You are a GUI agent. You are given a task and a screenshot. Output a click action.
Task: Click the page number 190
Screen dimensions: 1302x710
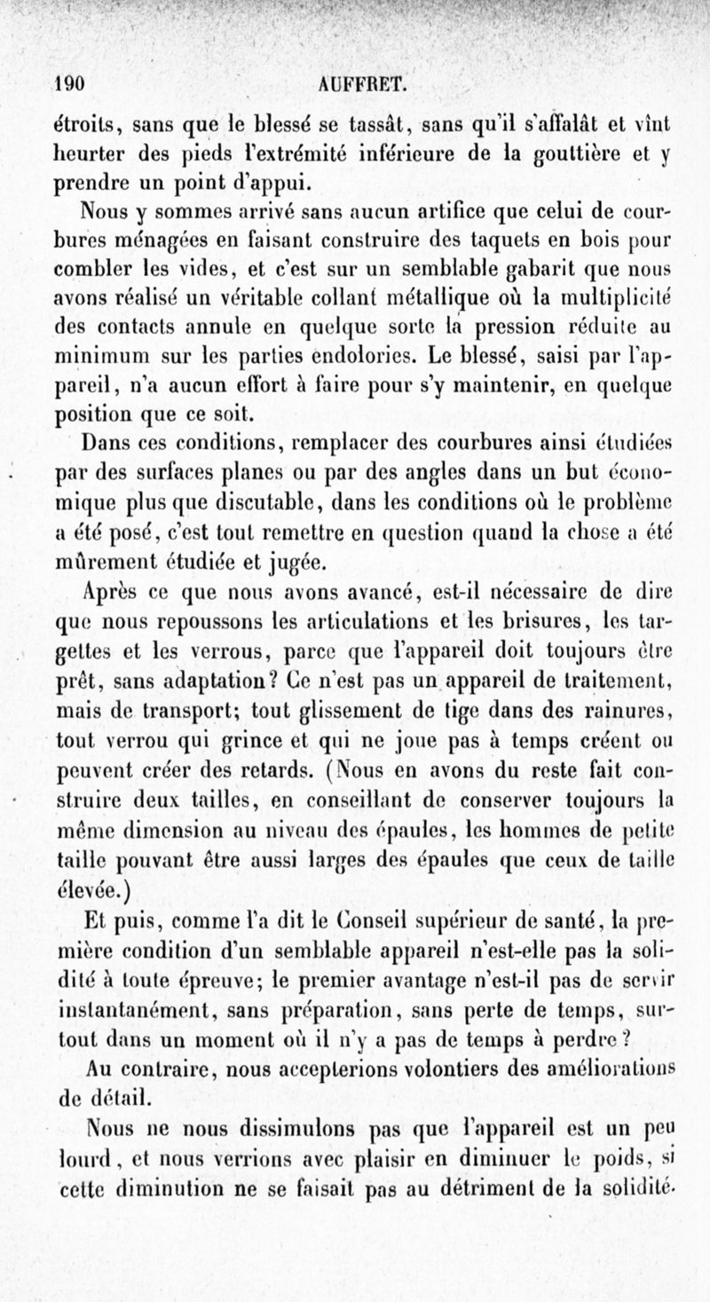click(68, 84)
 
